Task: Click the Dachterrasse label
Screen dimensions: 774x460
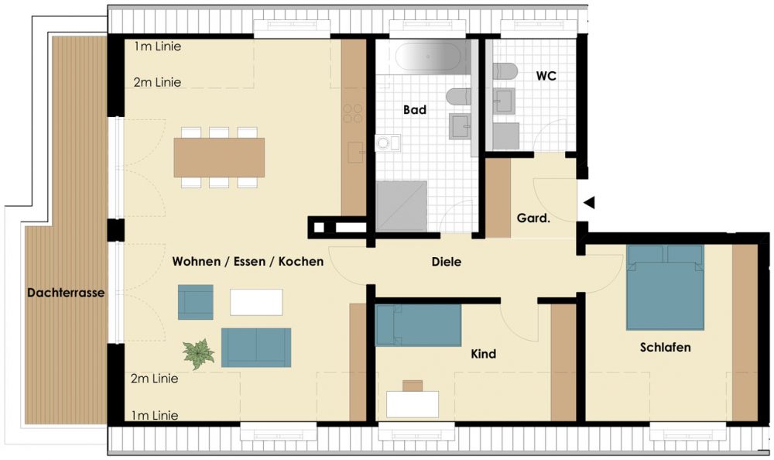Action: (66, 293)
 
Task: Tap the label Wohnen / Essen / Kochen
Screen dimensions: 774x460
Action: (248, 262)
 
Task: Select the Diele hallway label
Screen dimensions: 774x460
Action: (447, 262)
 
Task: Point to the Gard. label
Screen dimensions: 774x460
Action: (533, 218)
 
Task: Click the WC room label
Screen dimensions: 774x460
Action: (546, 76)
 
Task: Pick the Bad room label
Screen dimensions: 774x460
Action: (415, 110)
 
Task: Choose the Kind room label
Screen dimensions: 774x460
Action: (483, 354)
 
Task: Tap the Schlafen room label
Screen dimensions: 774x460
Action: (665, 348)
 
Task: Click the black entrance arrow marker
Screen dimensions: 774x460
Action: (589, 203)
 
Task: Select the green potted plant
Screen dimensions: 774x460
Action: (198, 354)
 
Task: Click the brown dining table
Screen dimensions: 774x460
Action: (219, 158)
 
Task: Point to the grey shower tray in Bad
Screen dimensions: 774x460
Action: (401, 206)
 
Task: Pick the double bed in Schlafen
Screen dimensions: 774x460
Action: (665, 287)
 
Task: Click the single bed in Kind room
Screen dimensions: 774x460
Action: (418, 324)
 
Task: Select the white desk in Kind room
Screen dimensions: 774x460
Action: (413, 404)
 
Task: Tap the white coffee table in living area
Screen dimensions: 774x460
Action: (256, 302)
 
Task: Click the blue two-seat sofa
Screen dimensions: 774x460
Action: (256, 348)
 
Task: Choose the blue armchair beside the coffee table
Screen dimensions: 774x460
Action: (196, 302)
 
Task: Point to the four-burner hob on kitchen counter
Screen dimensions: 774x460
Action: (354, 113)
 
